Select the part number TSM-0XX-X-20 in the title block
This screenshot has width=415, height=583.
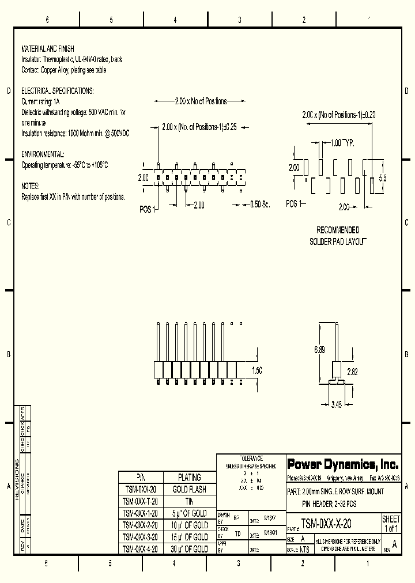(326, 524)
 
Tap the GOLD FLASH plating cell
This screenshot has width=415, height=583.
(189, 489)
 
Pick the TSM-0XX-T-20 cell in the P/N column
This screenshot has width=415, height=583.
(140, 501)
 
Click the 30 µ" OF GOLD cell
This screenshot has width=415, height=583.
(189, 549)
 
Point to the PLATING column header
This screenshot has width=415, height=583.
(189, 478)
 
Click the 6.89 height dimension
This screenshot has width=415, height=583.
(319, 350)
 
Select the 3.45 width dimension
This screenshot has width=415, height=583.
(337, 404)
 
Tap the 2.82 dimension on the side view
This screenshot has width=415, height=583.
(352, 372)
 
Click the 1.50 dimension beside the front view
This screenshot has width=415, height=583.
(257, 370)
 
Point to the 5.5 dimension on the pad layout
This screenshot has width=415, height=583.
(383, 178)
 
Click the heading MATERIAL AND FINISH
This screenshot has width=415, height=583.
(47, 49)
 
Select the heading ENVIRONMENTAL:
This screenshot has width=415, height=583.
(43, 154)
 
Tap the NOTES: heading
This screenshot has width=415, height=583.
(30, 186)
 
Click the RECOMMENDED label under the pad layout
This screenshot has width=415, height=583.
(338, 230)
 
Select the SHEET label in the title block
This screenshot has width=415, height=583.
(391, 519)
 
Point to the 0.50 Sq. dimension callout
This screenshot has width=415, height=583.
(259, 204)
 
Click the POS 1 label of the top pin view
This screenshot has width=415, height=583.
(148, 210)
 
